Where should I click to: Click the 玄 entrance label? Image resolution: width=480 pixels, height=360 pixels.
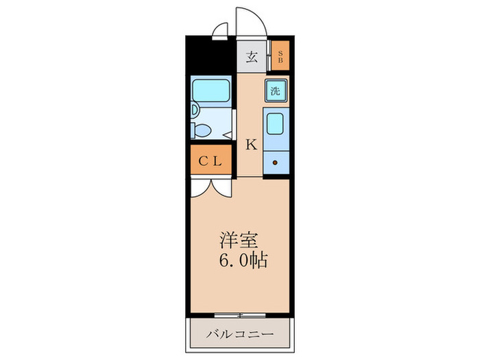pos(252,58)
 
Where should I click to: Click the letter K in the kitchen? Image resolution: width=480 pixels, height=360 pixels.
pos(251,145)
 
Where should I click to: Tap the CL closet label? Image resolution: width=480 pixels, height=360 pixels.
pos(210,162)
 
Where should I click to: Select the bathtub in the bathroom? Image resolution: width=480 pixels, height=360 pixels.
pos(211,89)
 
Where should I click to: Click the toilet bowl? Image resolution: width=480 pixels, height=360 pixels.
pos(204,130)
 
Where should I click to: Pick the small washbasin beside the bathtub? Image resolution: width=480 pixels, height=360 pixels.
pos(194,110)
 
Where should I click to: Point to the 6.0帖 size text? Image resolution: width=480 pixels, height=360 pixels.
pos(243,261)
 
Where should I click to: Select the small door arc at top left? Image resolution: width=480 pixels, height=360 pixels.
pos(219,29)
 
